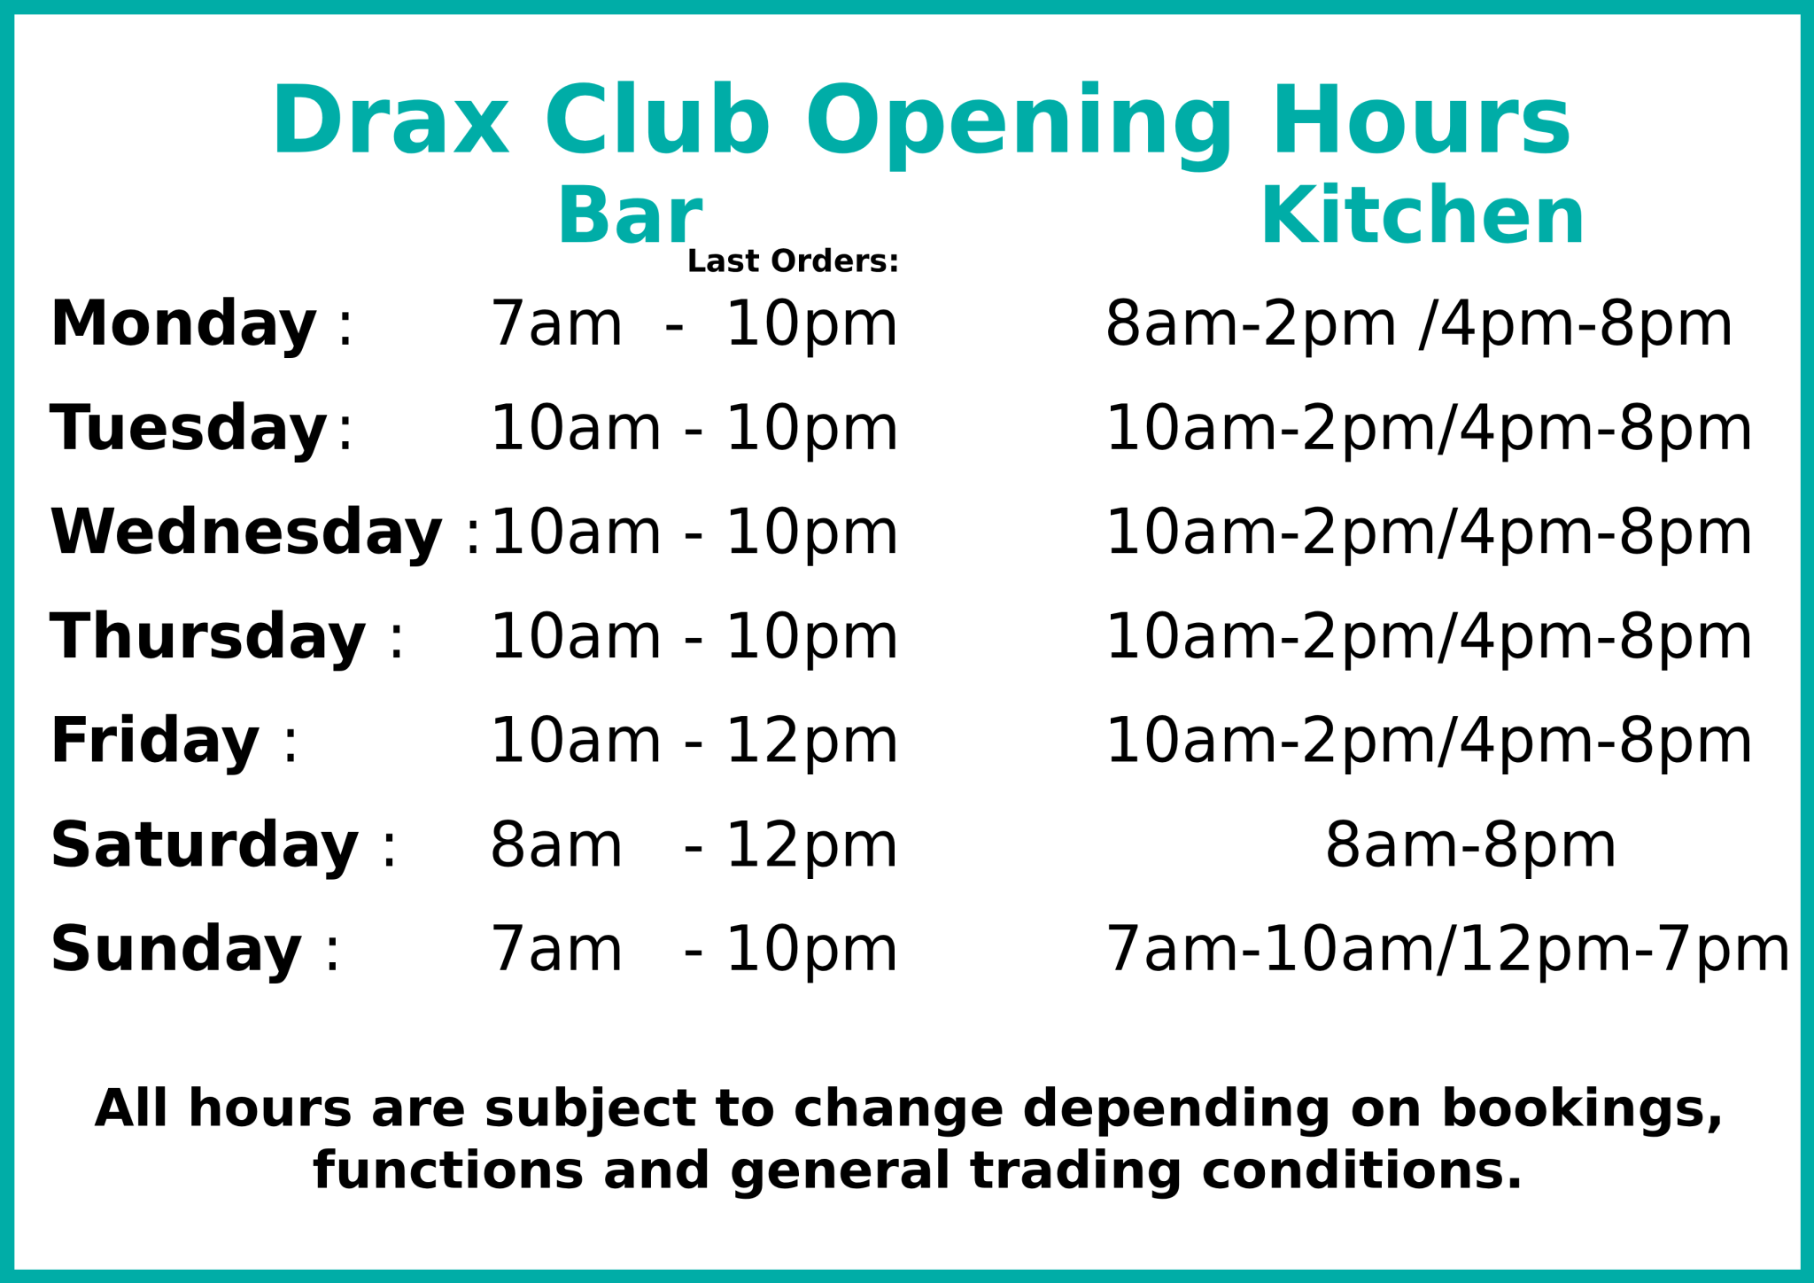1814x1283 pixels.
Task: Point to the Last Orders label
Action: coord(793,262)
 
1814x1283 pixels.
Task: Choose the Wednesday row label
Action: coord(246,533)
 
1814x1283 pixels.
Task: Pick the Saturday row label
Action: coord(205,846)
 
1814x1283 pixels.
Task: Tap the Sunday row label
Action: coord(176,950)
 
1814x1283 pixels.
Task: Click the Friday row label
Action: coord(155,742)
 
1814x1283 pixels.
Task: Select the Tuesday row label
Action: coord(189,429)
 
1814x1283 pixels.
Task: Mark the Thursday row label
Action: coord(208,638)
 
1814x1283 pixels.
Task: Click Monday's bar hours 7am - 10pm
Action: coord(694,324)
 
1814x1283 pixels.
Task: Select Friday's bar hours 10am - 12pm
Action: coord(694,742)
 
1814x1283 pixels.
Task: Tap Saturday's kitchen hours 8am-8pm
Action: coord(1470,846)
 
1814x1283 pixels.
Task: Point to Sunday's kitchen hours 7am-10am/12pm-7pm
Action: coord(1447,950)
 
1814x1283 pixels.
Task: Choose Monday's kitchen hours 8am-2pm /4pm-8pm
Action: coord(1419,324)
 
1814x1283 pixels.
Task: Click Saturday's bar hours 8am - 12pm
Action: coord(694,846)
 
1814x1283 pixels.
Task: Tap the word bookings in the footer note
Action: coord(1581,1108)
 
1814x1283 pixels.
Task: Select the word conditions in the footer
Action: coord(1361,1170)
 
